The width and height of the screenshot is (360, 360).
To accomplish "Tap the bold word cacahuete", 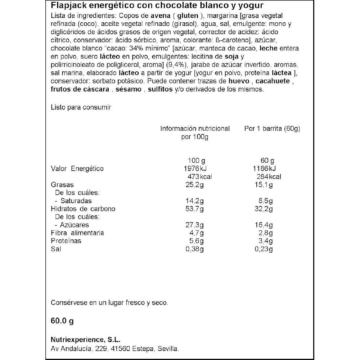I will (x=275, y=81).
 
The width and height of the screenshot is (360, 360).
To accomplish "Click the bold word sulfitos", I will (x=161, y=89).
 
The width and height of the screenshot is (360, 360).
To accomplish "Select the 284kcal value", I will (x=267, y=176).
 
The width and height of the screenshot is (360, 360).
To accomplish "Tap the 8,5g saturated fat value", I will (x=266, y=201).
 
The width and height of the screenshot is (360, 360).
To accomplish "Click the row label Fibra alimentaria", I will (x=77, y=233).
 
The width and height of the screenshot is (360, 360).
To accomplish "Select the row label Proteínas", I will (x=66, y=240).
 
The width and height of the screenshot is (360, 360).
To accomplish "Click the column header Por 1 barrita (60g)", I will (x=272, y=129).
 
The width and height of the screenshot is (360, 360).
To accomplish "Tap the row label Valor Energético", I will (x=77, y=168).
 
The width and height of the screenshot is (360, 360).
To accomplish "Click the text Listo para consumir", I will (x=81, y=107).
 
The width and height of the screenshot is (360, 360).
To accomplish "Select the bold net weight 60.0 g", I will (x=62, y=321).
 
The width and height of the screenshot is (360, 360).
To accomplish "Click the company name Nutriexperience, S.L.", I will (x=86, y=340).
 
